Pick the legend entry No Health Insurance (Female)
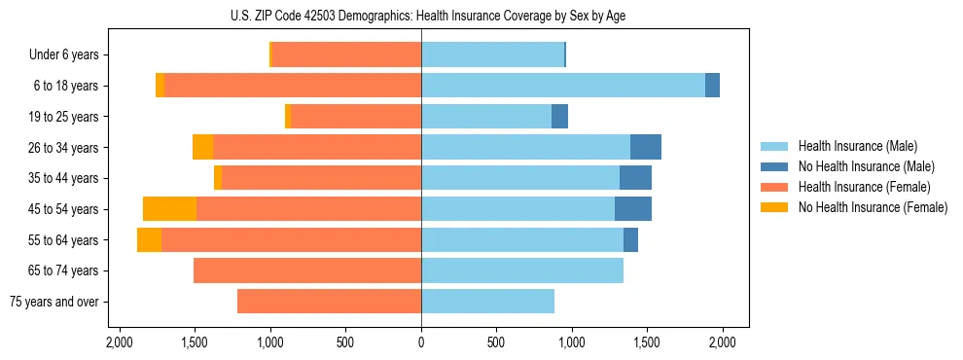[872, 207]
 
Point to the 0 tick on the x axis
[421, 342]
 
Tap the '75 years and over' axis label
[53, 302]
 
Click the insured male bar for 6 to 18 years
[563, 86]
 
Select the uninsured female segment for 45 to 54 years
[169, 209]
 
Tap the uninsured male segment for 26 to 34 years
[646, 147]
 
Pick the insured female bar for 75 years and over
[329, 302]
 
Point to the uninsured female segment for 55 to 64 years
[149, 239]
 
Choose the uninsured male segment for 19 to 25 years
[559, 117]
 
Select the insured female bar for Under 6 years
[346, 55]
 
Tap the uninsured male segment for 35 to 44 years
[635, 178]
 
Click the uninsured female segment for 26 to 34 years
[202, 147]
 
